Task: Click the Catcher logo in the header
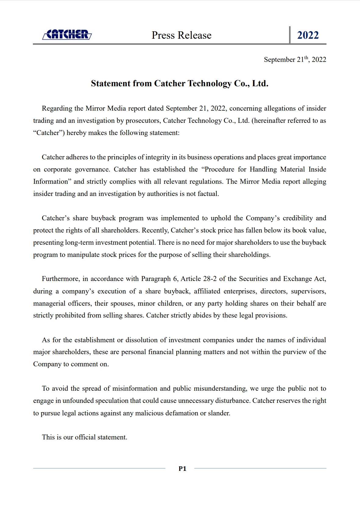[67, 35]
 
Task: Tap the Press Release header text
[182, 35]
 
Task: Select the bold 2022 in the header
[308, 35]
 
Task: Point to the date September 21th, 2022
[295, 59]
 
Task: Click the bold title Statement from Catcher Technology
[180, 84]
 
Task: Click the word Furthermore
[61, 279]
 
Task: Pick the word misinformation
[135, 389]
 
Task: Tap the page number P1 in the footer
[182, 469]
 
